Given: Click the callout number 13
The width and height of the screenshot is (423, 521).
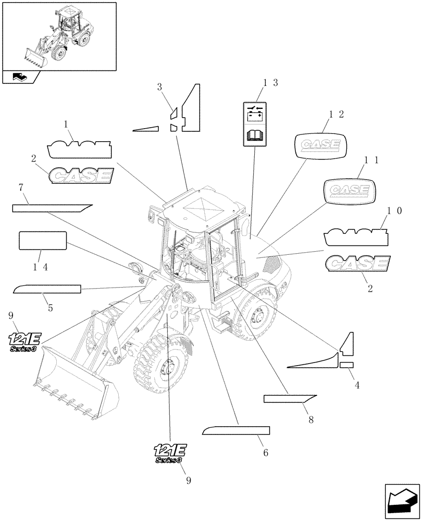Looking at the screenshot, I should [270, 83].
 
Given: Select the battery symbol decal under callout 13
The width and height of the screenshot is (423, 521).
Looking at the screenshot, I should [255, 114].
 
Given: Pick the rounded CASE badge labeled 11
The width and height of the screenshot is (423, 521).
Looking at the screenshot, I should [349, 190].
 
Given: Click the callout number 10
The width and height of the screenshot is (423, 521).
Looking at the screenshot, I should [394, 210].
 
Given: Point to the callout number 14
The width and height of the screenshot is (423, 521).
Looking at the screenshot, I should [40, 266].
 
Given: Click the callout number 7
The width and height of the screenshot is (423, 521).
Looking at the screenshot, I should [21, 187].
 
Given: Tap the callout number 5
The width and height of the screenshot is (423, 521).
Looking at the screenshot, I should [50, 308].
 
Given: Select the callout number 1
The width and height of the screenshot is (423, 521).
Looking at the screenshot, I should [66, 125].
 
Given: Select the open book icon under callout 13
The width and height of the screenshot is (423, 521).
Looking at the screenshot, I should [255, 137].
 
